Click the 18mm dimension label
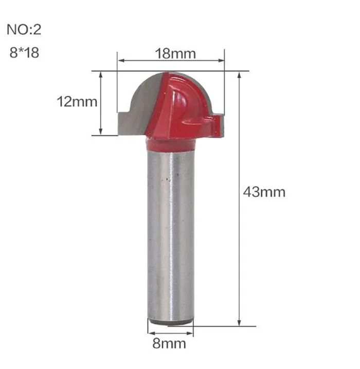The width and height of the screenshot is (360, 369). click(x=175, y=53)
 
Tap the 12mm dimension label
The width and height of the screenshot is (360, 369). click(x=77, y=102)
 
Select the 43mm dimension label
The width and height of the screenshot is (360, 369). click(x=264, y=192)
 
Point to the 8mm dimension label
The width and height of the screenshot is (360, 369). click(x=169, y=343)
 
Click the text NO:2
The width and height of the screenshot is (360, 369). click(x=24, y=30)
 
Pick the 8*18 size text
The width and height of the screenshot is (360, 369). click(x=24, y=52)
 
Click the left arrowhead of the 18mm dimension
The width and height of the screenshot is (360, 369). click(x=121, y=61)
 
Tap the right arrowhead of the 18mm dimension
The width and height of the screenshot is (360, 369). click(x=221, y=61)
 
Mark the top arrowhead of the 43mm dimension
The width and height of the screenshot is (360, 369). click(x=239, y=75)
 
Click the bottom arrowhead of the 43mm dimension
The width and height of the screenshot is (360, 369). click(x=239, y=323)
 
